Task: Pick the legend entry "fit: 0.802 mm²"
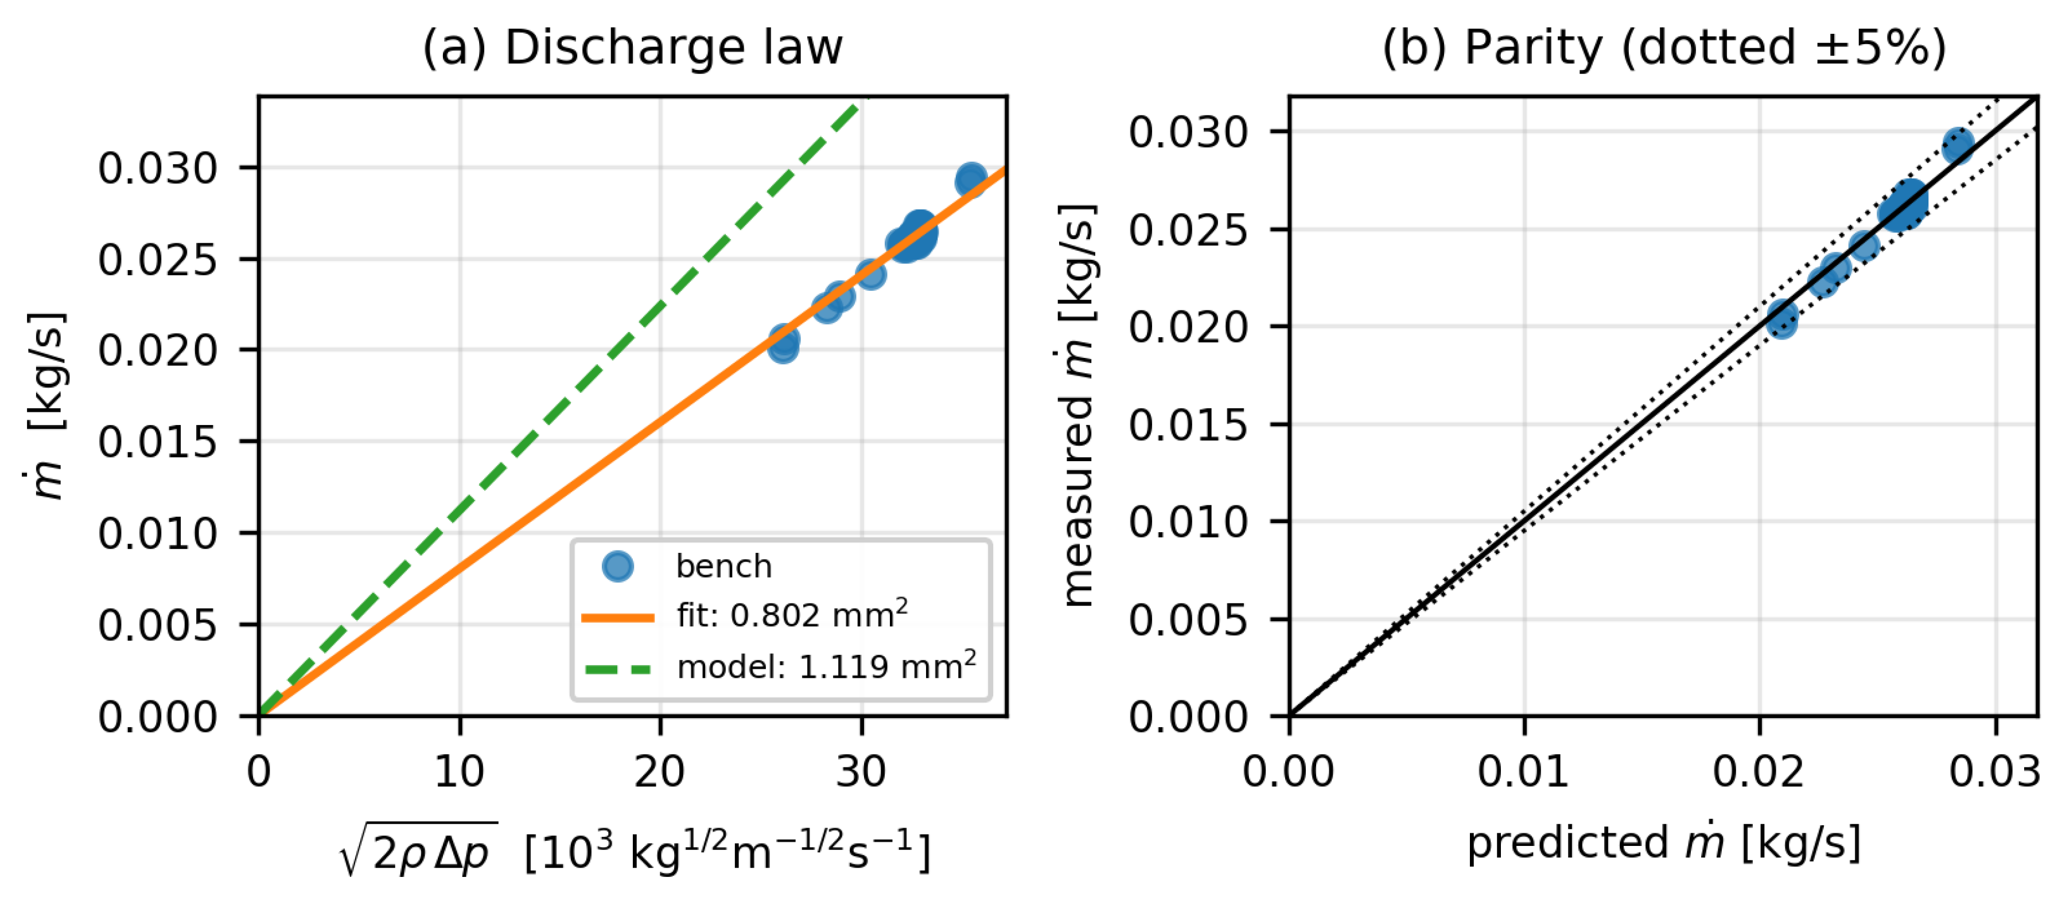click(x=792, y=615)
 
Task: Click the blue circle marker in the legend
click(x=617, y=566)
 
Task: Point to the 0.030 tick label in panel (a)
click(x=157, y=169)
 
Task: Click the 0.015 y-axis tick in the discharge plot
click(x=157, y=442)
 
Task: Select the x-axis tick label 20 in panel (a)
click(x=660, y=771)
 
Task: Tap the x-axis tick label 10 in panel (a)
click(x=460, y=771)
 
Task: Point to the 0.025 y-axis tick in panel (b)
click(x=1188, y=230)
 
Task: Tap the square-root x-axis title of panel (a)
click(x=635, y=849)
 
